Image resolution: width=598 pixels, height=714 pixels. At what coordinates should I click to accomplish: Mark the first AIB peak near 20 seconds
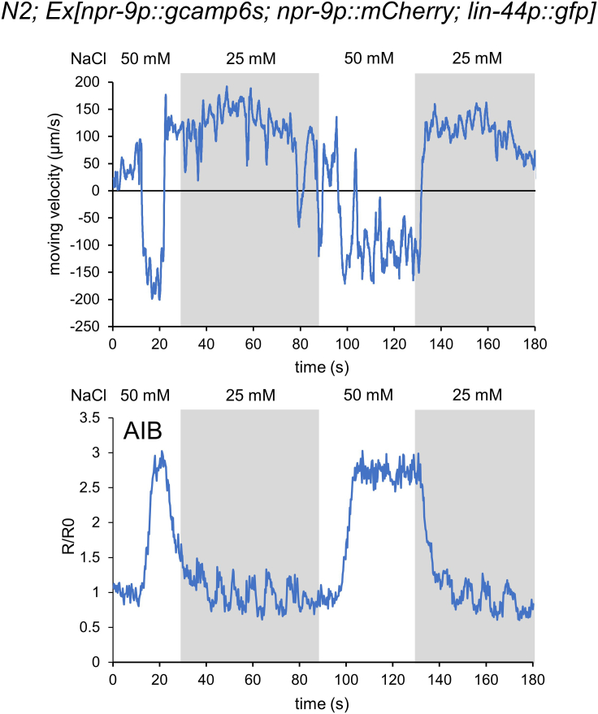[x=162, y=452]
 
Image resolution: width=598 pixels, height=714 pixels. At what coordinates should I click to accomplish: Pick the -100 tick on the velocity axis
[x=89, y=244]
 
